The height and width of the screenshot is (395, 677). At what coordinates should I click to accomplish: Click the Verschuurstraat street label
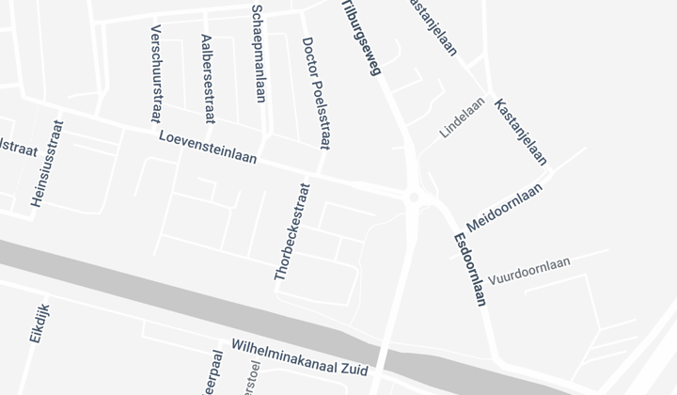(156, 74)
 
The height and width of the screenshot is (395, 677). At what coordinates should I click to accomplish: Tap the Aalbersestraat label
(208, 79)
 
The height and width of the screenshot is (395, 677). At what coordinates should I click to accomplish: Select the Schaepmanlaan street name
(259, 53)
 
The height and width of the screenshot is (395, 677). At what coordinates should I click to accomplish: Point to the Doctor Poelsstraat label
(316, 93)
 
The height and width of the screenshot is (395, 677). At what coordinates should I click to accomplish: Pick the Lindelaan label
(463, 117)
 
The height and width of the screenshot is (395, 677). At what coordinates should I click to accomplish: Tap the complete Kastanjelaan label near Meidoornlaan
(520, 132)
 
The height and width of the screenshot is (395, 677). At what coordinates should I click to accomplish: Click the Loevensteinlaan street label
(208, 147)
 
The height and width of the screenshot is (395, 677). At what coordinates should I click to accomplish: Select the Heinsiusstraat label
(48, 164)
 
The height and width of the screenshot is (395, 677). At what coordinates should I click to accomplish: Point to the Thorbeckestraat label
(291, 231)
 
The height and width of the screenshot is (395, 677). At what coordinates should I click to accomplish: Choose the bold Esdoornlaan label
(469, 269)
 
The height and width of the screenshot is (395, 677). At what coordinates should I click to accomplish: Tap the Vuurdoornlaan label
(529, 271)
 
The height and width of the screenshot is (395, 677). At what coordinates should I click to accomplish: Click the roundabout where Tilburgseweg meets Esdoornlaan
(414, 197)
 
